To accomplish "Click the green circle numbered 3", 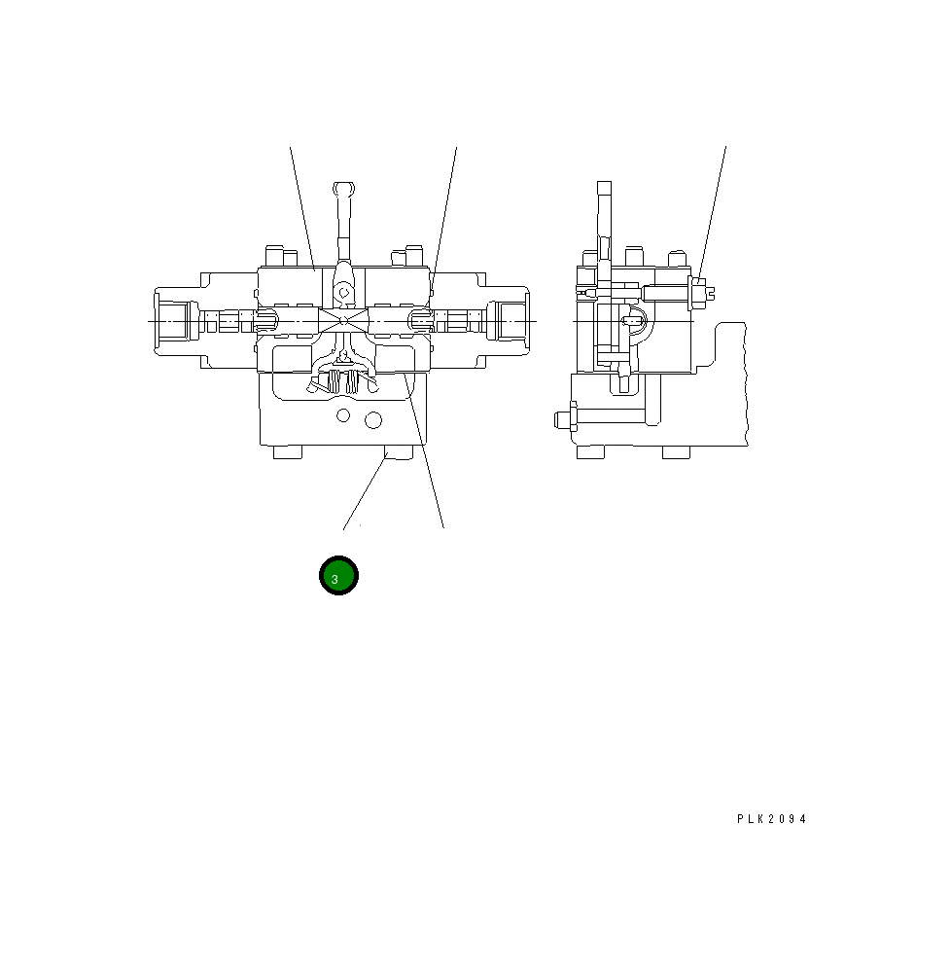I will coord(339,576).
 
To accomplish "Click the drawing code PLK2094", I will coord(771,819).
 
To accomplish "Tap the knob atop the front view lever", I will coord(341,188).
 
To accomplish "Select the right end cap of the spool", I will coord(513,320).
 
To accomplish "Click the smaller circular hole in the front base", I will coord(342,416).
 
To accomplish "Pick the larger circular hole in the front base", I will coord(371,419).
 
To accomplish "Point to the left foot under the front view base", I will coord(288,452).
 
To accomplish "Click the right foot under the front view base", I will coord(399,452).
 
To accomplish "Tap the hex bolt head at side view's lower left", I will coord(563,419).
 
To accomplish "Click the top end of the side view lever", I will coord(604,187).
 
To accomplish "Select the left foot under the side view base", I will coord(590,452).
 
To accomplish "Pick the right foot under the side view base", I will coord(677,452).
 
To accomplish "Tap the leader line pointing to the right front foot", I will coord(364,496).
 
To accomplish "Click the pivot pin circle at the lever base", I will coord(341,288).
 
